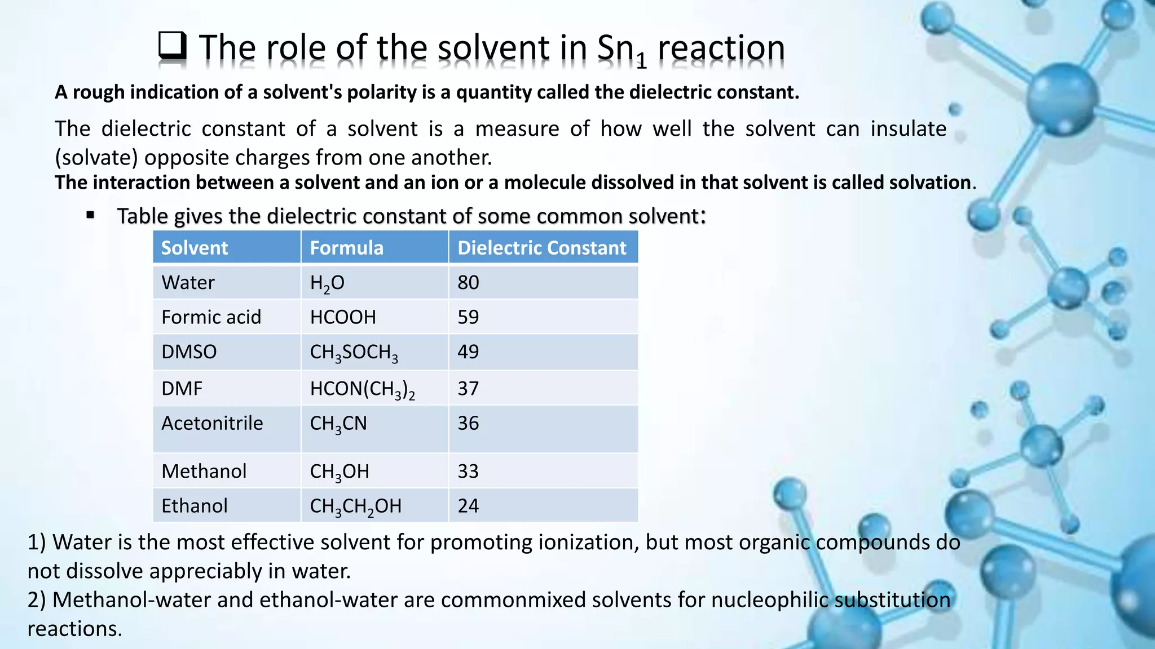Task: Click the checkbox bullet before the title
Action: [x=172, y=46]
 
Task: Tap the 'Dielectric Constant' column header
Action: [x=541, y=248]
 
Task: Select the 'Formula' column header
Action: [x=346, y=248]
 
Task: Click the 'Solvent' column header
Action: [x=195, y=248]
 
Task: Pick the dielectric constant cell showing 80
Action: [x=468, y=282]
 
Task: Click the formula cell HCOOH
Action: [x=343, y=317]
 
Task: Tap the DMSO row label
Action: [x=189, y=352]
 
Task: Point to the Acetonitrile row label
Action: [x=212, y=423]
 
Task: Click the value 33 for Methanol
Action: [x=468, y=471]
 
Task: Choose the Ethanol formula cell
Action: [x=355, y=506]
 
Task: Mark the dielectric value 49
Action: [x=468, y=352]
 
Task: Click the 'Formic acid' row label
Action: [x=211, y=317]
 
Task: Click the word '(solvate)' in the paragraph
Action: [x=96, y=158]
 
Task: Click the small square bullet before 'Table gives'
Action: [x=90, y=215]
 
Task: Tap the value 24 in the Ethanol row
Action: [x=468, y=506]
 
